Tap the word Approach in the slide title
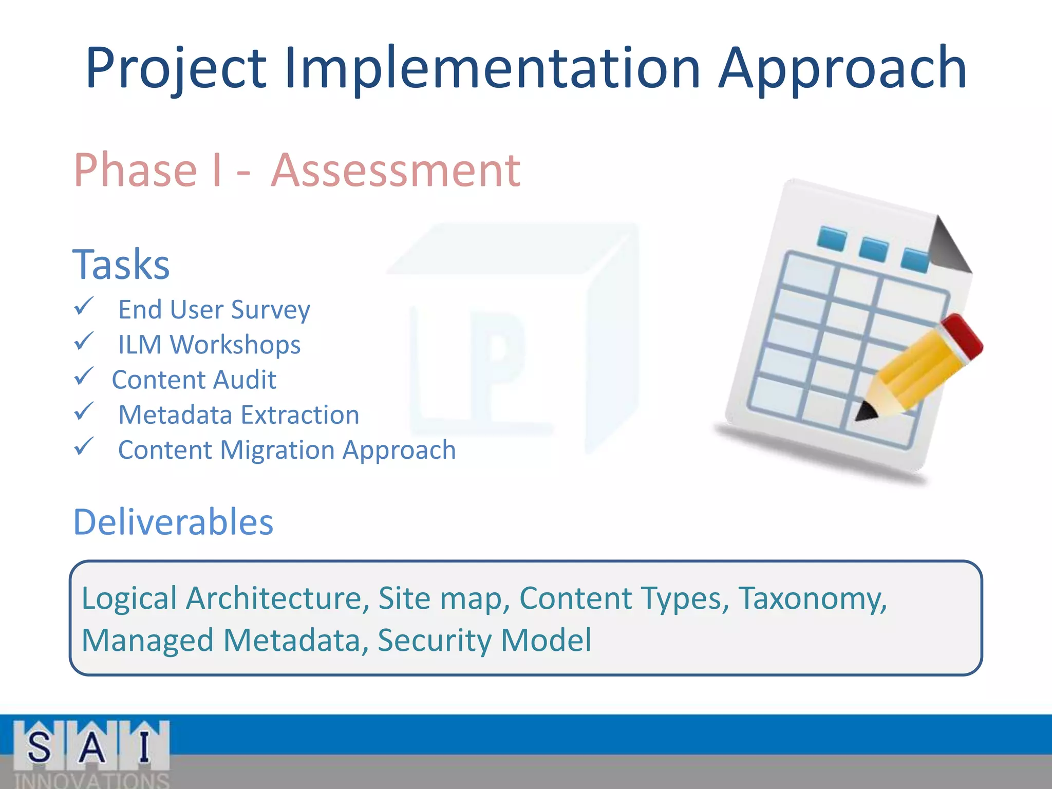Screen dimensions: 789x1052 point(842,69)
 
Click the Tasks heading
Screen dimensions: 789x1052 point(121,265)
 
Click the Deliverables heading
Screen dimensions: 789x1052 point(173,522)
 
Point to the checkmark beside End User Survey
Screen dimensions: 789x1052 point(84,307)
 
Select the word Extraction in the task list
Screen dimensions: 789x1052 point(300,415)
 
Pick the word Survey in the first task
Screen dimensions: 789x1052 point(270,310)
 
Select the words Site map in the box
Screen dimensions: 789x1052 point(444,598)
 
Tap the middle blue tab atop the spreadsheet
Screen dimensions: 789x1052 point(873,249)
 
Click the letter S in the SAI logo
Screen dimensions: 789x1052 point(39,746)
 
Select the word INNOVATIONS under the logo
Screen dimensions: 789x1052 point(91,780)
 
